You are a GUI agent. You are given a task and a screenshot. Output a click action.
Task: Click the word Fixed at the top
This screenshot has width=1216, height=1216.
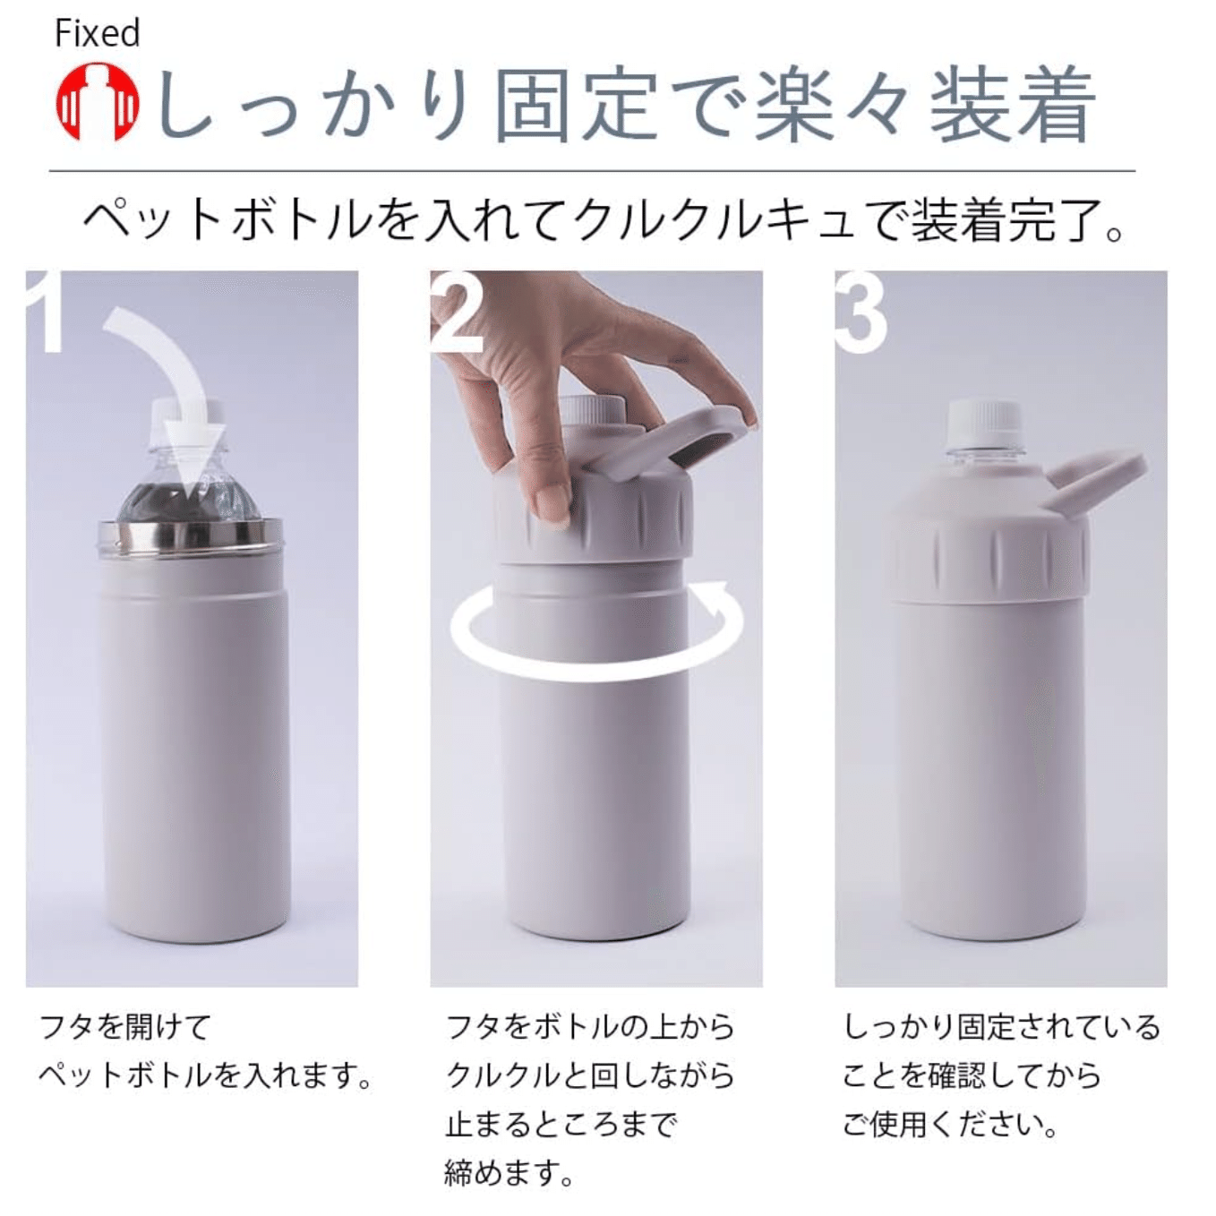pos(98,33)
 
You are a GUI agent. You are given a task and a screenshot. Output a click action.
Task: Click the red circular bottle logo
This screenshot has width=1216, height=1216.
pos(98,101)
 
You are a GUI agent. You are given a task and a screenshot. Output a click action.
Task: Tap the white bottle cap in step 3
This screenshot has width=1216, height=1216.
pos(984,422)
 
